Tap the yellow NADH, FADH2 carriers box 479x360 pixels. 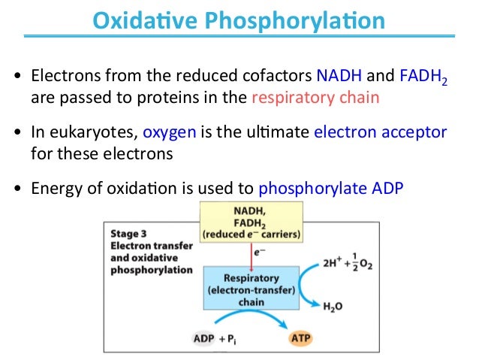pos(253,223)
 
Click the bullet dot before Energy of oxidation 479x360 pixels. pos(17,189)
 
